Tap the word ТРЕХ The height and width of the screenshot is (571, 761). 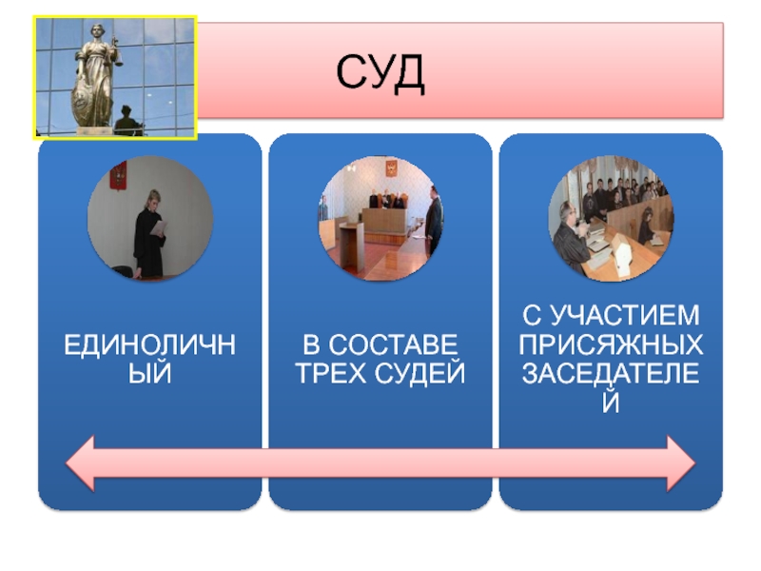click(x=328, y=374)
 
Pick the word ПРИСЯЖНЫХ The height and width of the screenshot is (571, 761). click(x=611, y=344)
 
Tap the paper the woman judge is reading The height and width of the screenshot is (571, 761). click(x=159, y=227)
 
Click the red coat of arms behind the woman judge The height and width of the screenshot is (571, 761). click(x=119, y=176)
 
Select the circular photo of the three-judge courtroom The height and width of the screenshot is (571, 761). click(x=380, y=219)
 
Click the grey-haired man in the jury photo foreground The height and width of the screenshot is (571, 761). click(x=567, y=224)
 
